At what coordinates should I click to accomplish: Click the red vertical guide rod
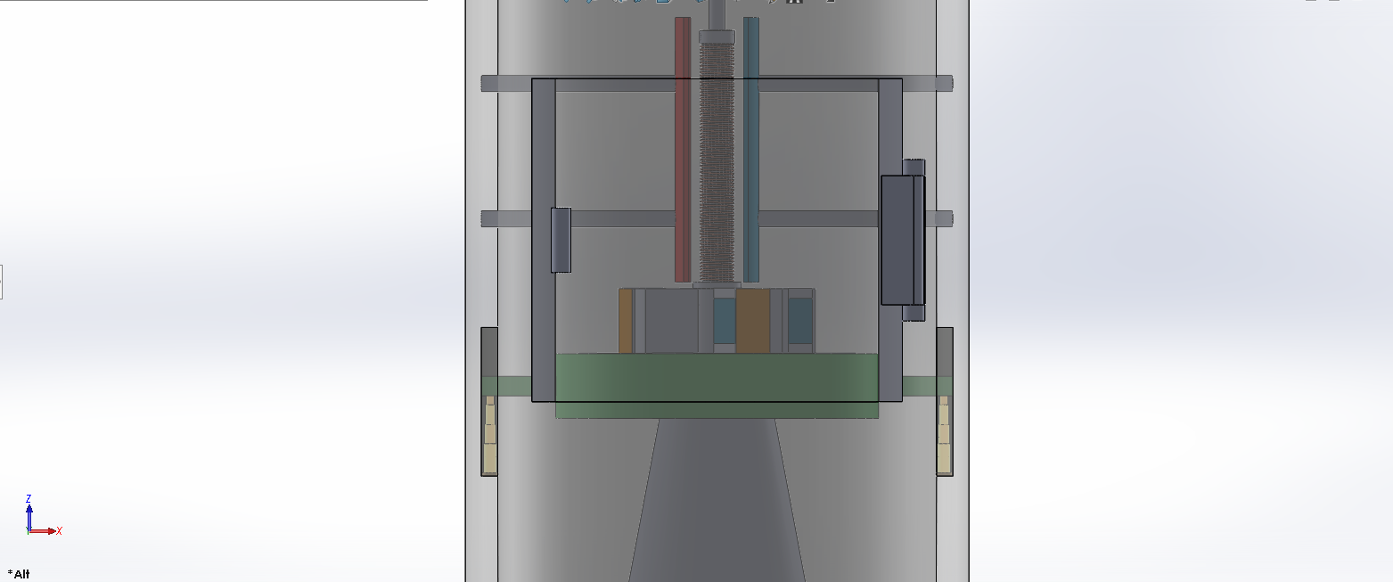[683, 149]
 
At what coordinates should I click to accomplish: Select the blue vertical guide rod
[751, 149]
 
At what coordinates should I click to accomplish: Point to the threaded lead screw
[717, 161]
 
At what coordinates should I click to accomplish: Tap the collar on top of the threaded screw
[717, 37]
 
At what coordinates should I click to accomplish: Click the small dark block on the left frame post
[561, 240]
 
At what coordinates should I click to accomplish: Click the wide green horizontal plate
[717, 386]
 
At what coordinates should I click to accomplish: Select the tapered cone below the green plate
[717, 501]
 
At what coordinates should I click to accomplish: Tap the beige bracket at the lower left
[490, 435]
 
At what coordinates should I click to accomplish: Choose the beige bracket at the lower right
[944, 435]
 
